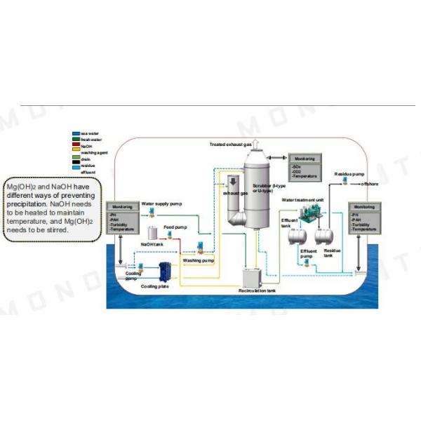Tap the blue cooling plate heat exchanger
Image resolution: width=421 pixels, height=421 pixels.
click(x=166, y=271)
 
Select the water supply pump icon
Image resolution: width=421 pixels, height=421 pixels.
click(x=152, y=212)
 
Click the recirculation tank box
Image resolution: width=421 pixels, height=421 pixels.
click(x=254, y=277)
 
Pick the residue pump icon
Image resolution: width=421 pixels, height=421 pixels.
click(x=346, y=182)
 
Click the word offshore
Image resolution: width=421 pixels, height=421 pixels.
click(x=370, y=184)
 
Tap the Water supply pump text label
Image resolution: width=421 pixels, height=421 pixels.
click(x=161, y=203)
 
